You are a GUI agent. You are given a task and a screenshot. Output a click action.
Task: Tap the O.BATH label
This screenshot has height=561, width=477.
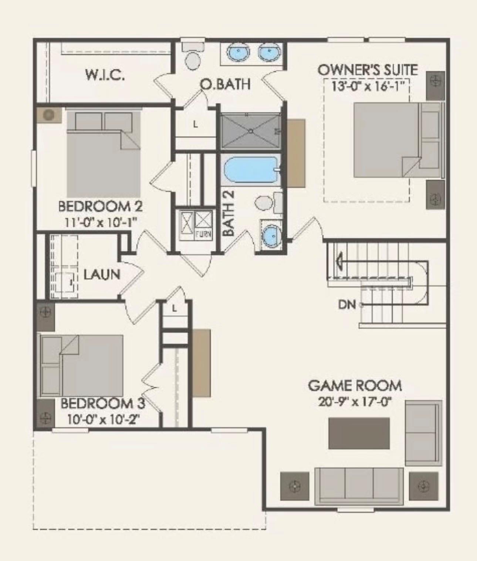(x=225, y=84)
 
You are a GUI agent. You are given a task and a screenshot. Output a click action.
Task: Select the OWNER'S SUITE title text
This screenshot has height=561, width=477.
(x=368, y=70)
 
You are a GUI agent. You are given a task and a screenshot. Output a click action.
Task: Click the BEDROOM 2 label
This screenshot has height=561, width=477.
(x=101, y=206)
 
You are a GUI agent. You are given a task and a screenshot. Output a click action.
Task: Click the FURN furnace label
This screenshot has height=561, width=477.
(x=203, y=234)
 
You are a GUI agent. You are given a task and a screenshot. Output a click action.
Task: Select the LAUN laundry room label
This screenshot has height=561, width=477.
(x=102, y=275)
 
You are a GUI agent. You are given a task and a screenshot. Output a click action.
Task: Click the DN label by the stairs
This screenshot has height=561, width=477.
(x=346, y=305)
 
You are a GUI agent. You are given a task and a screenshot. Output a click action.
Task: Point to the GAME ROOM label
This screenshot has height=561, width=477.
(x=355, y=386)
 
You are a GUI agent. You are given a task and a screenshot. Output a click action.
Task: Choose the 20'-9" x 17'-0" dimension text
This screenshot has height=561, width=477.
(x=355, y=402)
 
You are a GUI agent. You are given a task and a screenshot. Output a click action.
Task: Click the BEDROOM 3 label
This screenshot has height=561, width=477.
(x=103, y=403)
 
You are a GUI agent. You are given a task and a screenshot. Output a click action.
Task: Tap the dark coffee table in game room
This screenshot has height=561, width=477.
(x=359, y=433)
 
